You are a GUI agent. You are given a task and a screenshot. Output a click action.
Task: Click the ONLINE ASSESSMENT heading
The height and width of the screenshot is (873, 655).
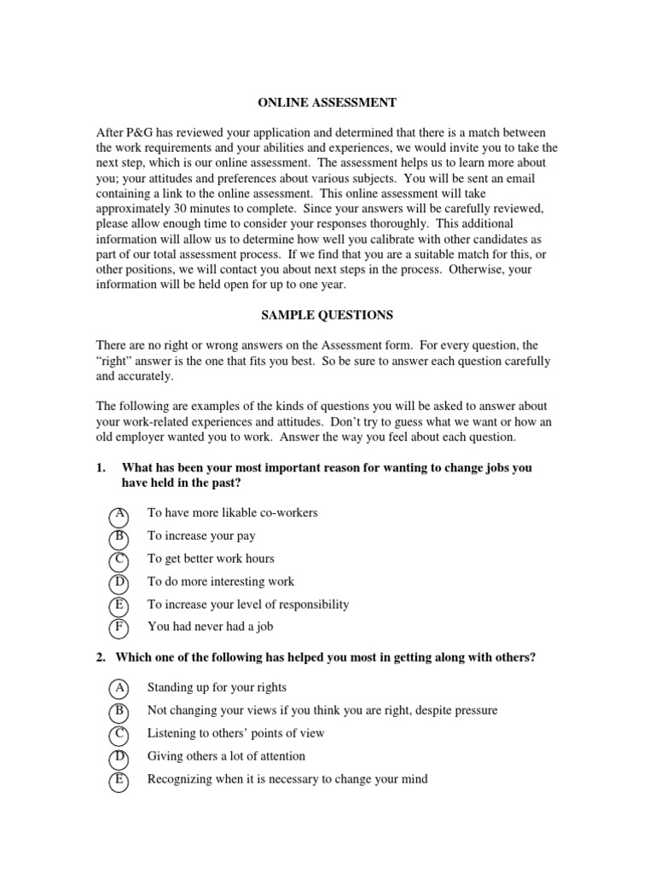[327, 103]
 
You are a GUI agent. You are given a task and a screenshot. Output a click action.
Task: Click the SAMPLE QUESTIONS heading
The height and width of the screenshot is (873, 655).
[327, 315]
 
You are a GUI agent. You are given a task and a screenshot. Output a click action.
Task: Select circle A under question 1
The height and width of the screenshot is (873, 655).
[119, 515]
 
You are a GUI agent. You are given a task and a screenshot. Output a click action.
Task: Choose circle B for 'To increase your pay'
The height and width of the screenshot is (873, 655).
[119, 538]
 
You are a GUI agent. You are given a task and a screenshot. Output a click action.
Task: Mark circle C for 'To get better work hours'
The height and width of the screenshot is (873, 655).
[119, 561]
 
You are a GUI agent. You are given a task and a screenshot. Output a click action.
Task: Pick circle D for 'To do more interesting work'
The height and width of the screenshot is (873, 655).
[119, 584]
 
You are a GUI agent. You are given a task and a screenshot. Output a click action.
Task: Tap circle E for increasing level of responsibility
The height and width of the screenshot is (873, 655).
[119, 606]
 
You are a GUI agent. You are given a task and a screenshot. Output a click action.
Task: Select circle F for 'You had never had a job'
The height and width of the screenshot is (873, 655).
[119, 628]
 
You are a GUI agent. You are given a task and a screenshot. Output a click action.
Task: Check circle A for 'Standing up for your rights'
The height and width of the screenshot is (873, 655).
[119, 689]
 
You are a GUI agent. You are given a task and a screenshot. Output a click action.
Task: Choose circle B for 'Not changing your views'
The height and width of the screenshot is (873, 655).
[119, 712]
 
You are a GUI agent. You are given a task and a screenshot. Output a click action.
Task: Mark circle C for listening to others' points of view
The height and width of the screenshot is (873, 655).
[119, 735]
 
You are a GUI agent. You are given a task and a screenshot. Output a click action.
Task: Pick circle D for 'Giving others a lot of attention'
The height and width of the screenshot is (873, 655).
[119, 758]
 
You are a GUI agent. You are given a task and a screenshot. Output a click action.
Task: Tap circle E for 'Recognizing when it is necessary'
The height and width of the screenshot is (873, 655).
[119, 780]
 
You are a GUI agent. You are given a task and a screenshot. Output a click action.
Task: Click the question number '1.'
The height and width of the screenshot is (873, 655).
[101, 468]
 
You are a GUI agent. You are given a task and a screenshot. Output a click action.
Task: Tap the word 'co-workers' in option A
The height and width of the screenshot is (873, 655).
[287, 512]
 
